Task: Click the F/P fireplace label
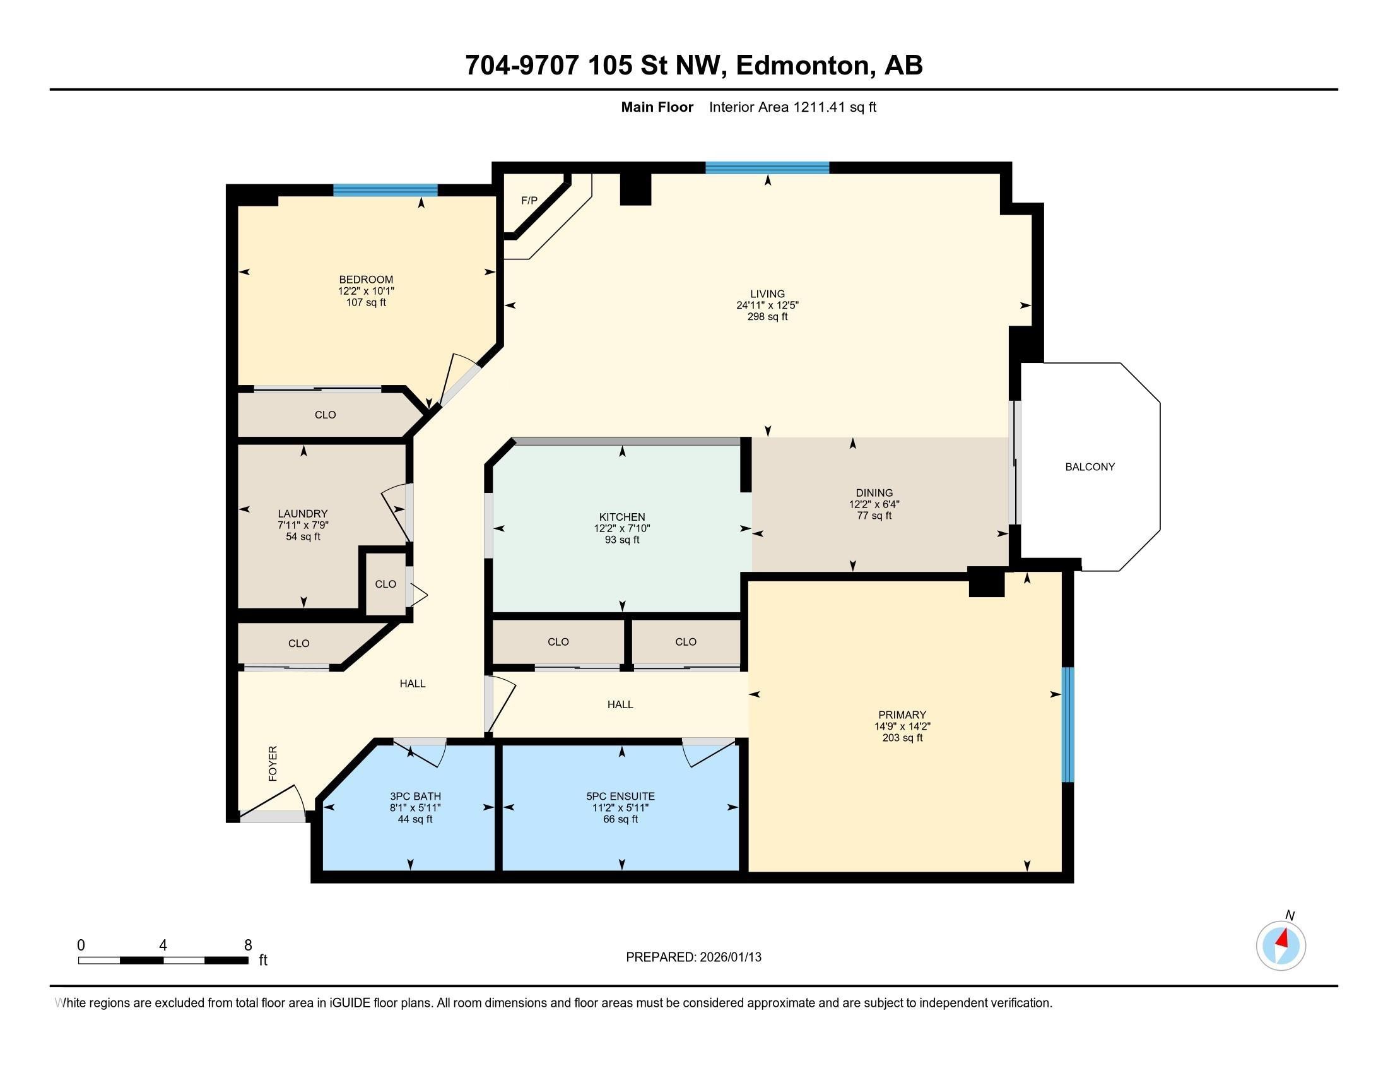(529, 200)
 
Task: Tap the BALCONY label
(1090, 466)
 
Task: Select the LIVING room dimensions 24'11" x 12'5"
(767, 305)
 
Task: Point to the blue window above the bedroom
(385, 189)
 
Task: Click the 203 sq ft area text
(902, 738)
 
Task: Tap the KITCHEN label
(621, 517)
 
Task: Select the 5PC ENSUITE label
(620, 796)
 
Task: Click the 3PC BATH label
(415, 796)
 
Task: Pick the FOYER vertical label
(273, 764)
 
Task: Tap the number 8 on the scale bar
(248, 946)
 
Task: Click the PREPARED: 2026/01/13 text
(693, 957)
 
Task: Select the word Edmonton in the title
(803, 66)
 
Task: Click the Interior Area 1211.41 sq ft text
(792, 107)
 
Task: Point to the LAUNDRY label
(302, 514)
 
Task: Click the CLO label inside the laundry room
(385, 584)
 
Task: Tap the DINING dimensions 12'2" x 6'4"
(874, 504)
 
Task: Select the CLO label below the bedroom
(325, 415)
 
